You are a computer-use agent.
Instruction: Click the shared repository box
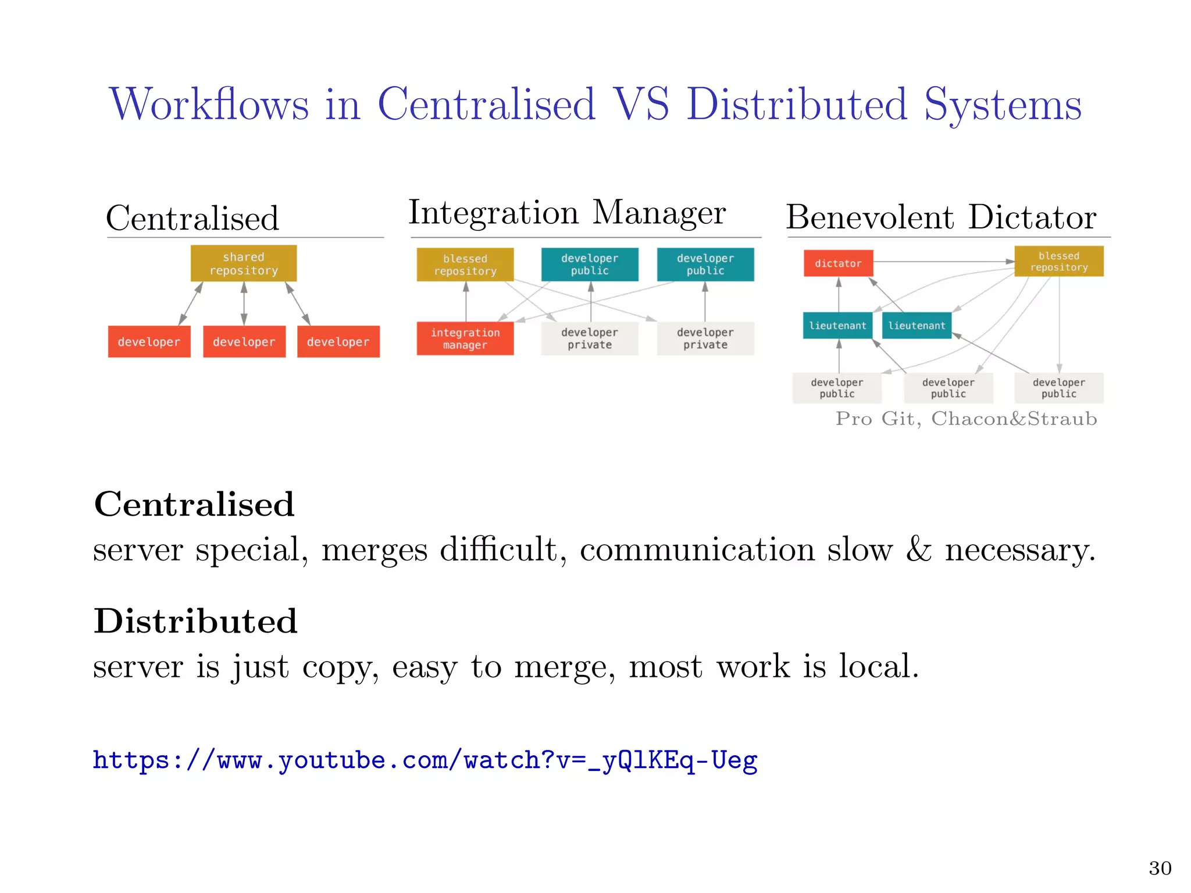click(x=244, y=263)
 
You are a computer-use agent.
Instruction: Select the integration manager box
click(x=465, y=338)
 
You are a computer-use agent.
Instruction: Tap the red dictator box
click(x=838, y=263)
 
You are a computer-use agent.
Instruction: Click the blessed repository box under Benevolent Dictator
click(x=1059, y=262)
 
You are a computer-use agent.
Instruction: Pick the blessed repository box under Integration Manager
click(x=465, y=265)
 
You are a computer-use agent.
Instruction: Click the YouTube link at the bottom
click(x=425, y=760)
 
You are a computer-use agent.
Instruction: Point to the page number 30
click(x=1160, y=868)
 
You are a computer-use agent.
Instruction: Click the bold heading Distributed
click(x=196, y=621)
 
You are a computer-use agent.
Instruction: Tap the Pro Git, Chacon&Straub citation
click(x=966, y=419)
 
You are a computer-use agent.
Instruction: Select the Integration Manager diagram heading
click(x=567, y=213)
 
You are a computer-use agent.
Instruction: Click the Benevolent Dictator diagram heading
click(x=941, y=217)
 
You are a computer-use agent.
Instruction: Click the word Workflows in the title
click(x=209, y=105)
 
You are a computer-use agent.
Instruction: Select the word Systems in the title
click(x=1003, y=105)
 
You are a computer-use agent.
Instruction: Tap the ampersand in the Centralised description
click(x=919, y=549)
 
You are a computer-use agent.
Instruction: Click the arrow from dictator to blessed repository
click(x=942, y=262)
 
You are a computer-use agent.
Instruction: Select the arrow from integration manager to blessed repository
click(x=466, y=301)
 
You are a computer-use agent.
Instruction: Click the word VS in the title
click(x=641, y=105)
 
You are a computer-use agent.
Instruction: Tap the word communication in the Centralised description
click(x=697, y=549)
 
